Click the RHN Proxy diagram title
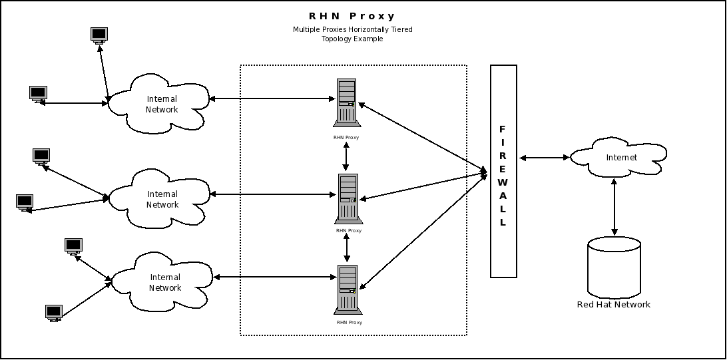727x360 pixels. pos(352,16)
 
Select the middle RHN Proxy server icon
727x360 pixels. pos(347,198)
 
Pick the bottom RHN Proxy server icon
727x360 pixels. pos(347,289)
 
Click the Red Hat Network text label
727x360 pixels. pos(613,305)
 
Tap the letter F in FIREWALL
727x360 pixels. pos(503,128)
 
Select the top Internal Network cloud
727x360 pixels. pos(160,103)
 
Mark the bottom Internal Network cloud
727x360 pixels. pos(164,282)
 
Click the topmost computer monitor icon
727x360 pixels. pos(99,35)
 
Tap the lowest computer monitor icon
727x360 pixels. pos(54,312)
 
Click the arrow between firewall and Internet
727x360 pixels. pos(544,158)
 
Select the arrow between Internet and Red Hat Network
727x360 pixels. pos(614,207)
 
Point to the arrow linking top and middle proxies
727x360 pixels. pos(346,156)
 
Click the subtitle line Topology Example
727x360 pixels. pos(352,39)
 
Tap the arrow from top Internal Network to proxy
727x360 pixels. pos(272,99)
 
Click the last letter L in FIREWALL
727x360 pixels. pos(503,223)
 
